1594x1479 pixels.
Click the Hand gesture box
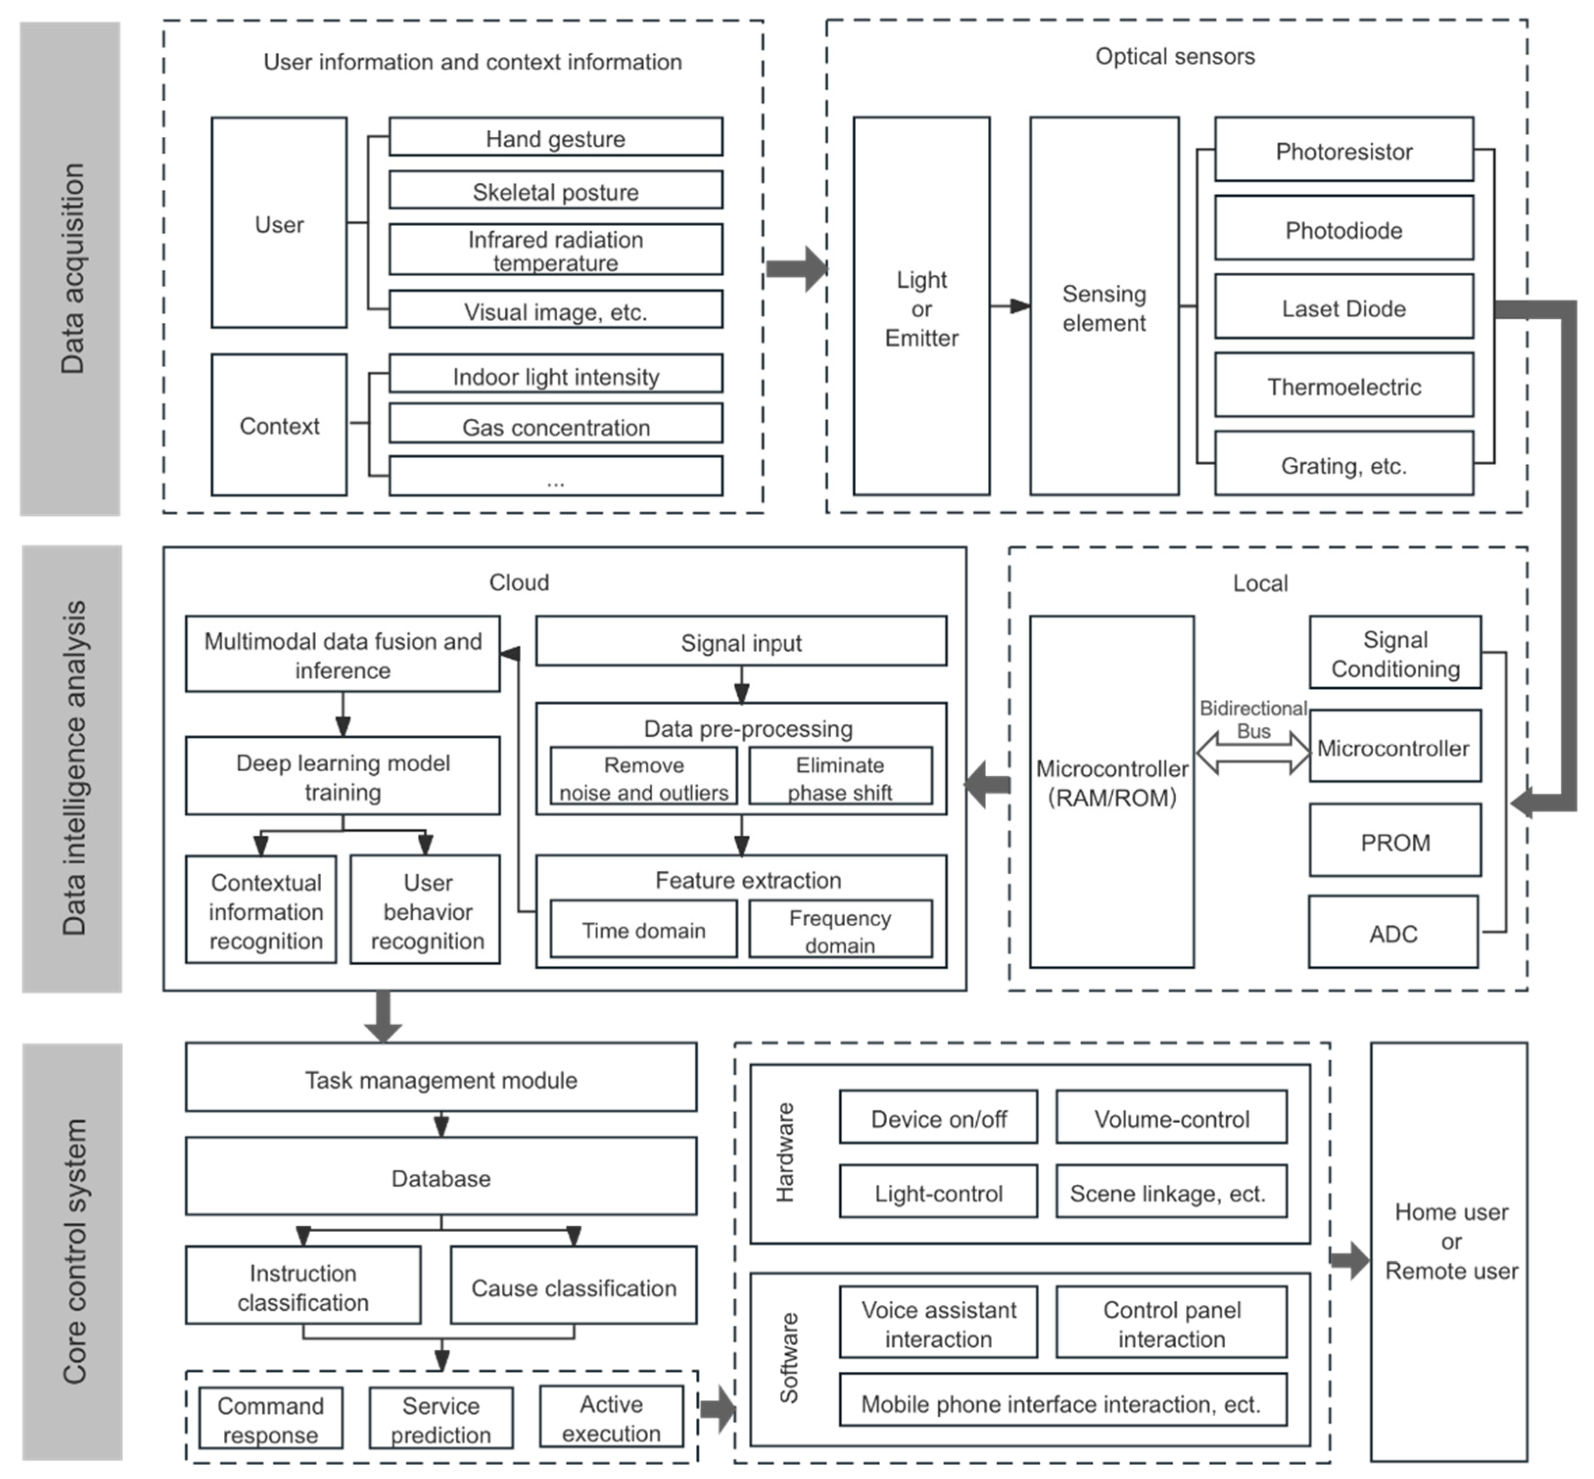[555, 137]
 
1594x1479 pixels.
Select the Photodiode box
[1343, 228]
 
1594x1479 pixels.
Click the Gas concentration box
[555, 424]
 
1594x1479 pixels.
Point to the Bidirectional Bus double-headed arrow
[1252, 753]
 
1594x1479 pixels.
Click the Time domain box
[643, 929]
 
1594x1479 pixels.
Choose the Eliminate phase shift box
[840, 776]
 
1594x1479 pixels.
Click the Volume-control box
[1171, 1117]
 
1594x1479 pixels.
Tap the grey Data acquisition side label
[71, 268]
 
